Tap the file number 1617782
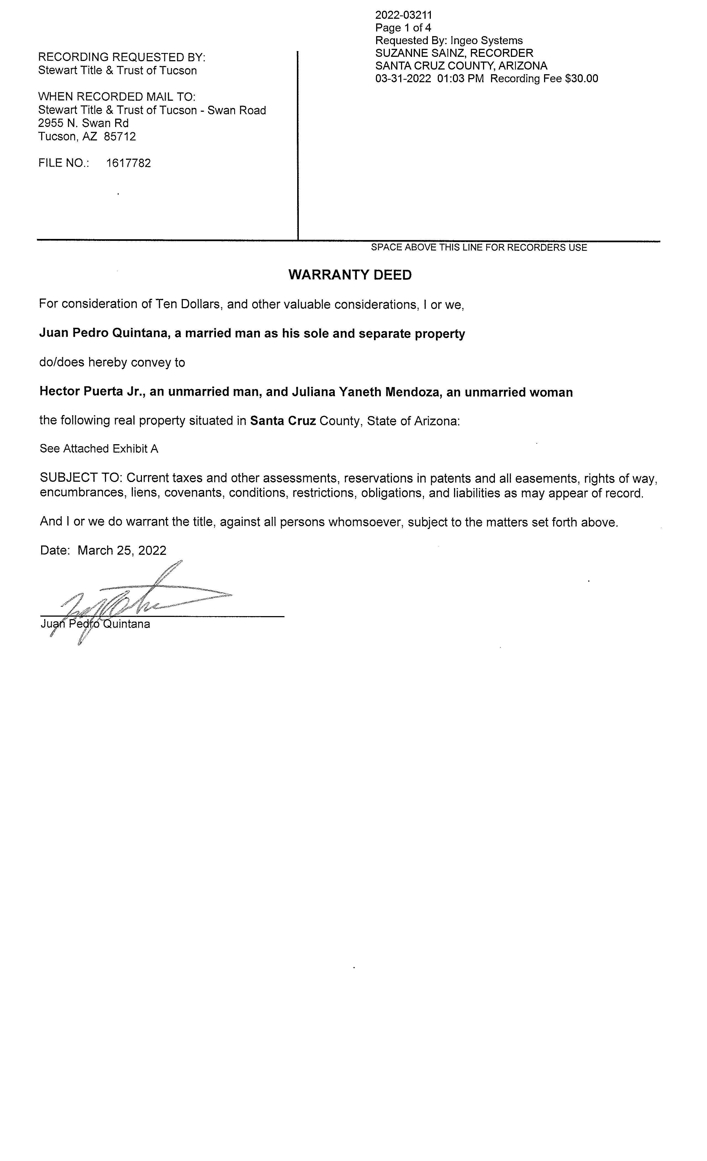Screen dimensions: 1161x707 (x=128, y=163)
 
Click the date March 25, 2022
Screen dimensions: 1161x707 (x=122, y=550)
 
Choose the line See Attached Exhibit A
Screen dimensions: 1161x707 (x=99, y=449)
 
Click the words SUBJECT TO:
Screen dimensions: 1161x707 (x=81, y=478)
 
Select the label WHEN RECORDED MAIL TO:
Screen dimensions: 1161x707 (x=117, y=97)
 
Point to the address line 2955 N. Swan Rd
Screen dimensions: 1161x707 (x=83, y=123)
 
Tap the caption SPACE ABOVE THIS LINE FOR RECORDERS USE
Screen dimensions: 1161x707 (x=479, y=247)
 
